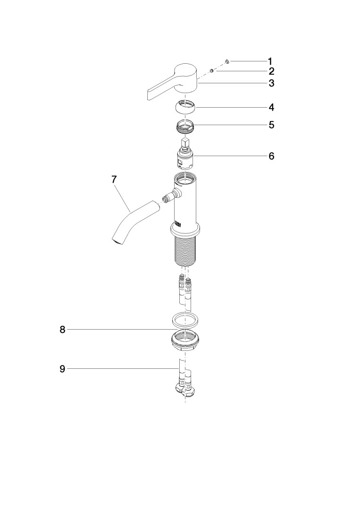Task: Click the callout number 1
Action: coord(270,61)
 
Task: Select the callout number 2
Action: coord(271,71)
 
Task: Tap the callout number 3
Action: coord(271,83)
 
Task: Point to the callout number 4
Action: coord(271,107)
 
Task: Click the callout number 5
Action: coord(271,125)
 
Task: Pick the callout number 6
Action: coord(271,156)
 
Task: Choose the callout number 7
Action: coord(114,179)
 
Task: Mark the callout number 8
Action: coord(62,330)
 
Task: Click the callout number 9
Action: coord(62,369)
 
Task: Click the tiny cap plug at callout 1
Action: coord(227,61)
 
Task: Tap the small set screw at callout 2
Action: coord(211,70)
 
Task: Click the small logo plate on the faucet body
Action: coord(178,224)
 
